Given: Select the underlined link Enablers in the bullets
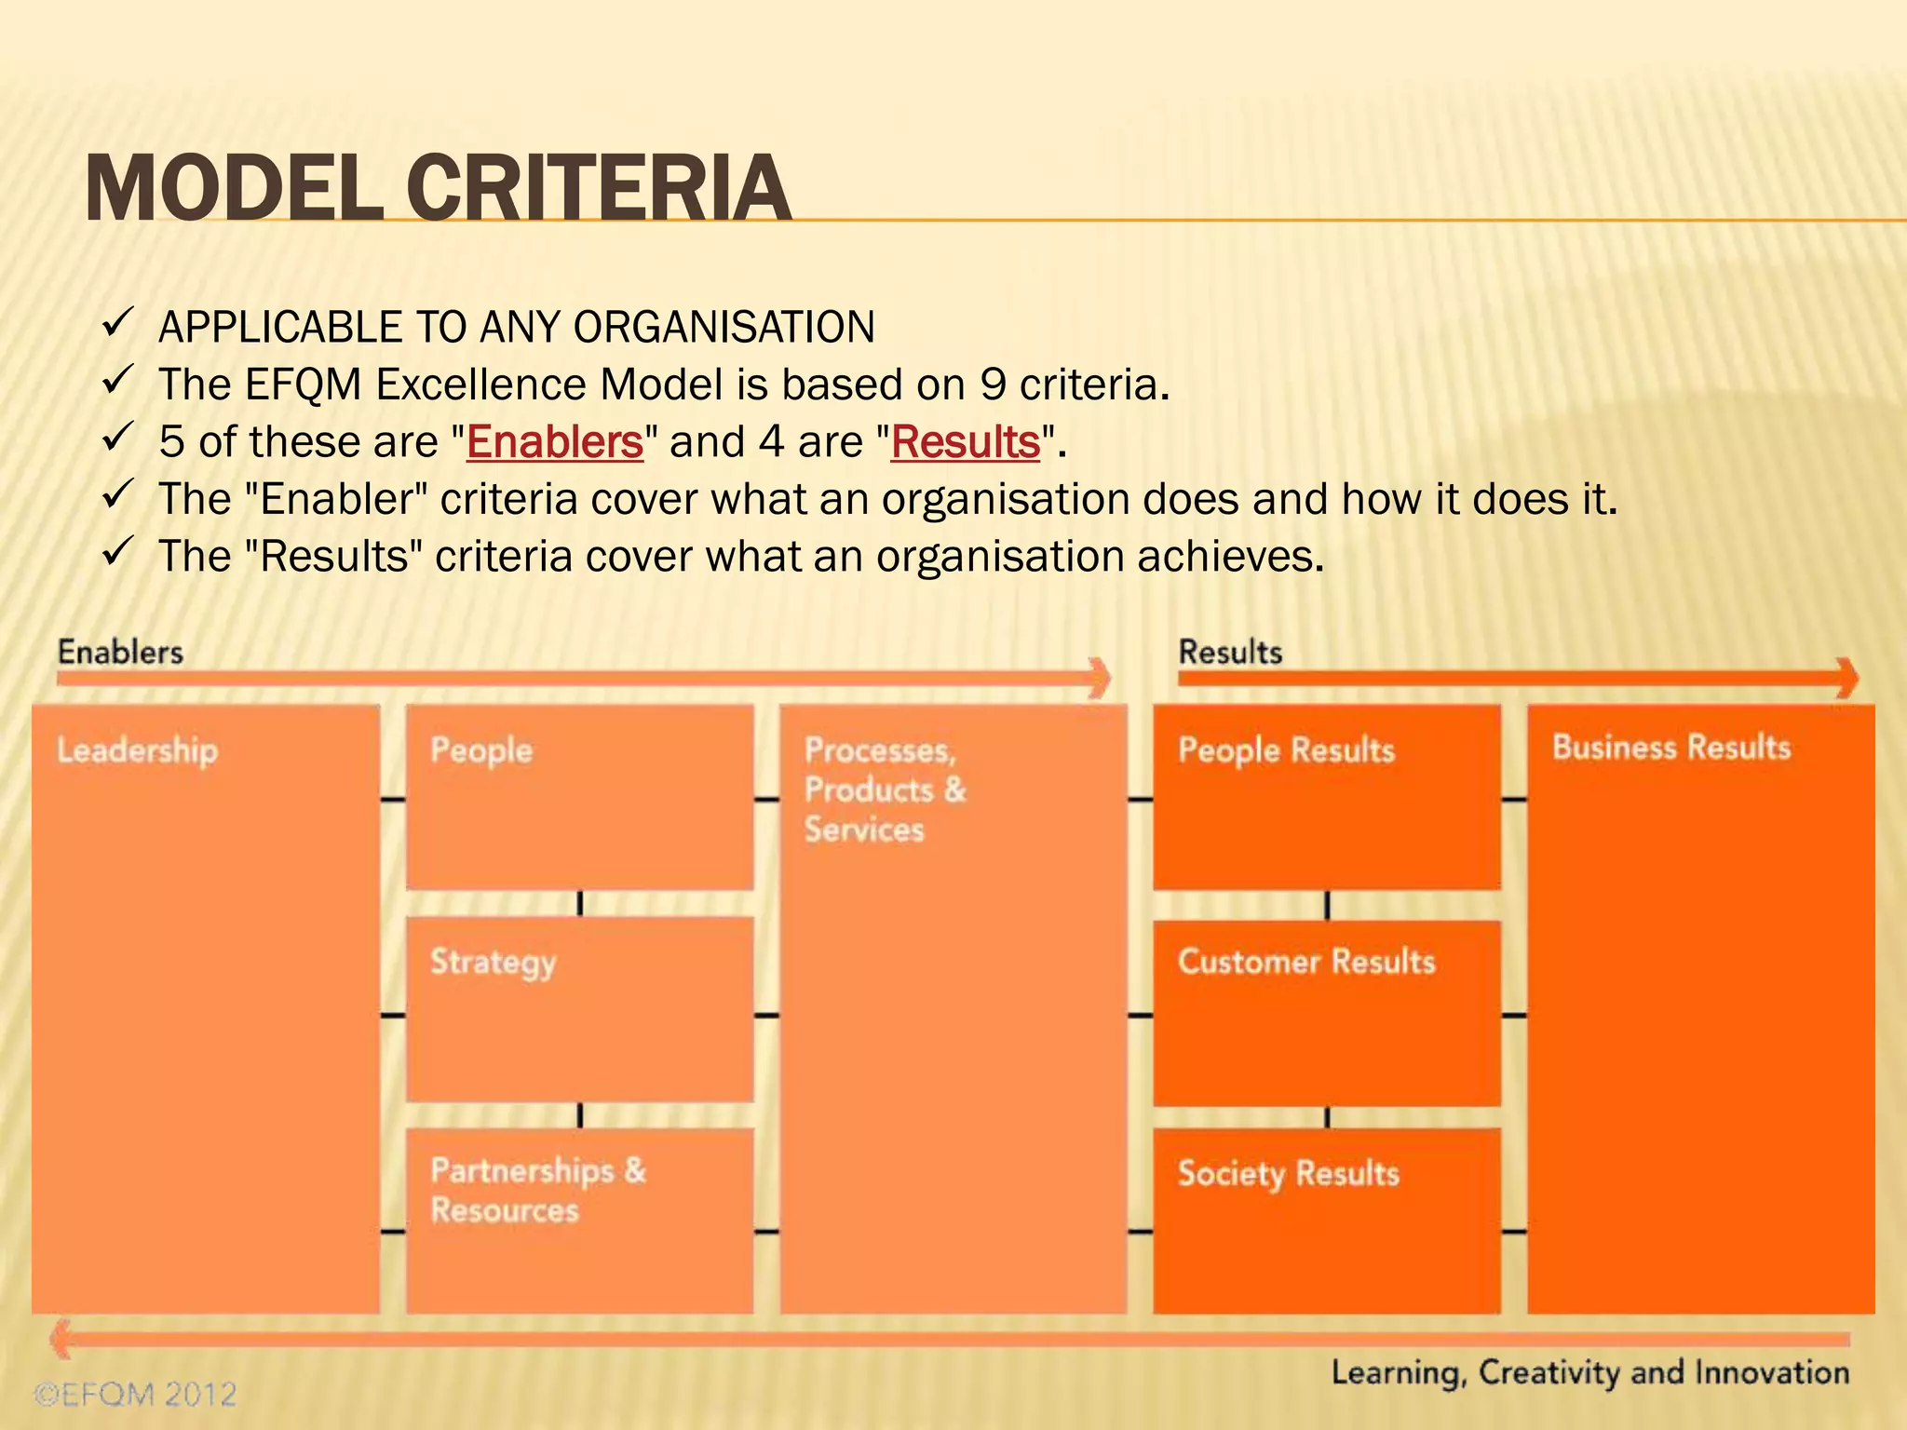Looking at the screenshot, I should [554, 441].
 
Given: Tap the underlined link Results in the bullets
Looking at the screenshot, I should [965, 441].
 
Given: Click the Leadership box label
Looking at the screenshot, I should [138, 750].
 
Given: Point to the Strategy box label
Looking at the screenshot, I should [493, 962].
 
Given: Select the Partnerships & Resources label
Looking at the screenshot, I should [537, 1190].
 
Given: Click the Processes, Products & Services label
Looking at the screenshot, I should [885, 789].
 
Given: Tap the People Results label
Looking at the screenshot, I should [1286, 750].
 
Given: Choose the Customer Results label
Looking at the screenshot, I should [1305, 962].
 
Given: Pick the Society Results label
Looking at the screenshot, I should [1288, 1173].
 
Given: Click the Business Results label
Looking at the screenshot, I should [1671, 748].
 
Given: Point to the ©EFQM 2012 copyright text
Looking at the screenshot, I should [136, 1394].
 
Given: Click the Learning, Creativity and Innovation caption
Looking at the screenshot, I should [1589, 1372].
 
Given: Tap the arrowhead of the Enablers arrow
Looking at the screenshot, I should [1102, 678].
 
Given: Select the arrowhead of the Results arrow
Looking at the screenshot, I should [1848, 678].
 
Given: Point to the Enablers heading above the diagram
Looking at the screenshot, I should [120, 652].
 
